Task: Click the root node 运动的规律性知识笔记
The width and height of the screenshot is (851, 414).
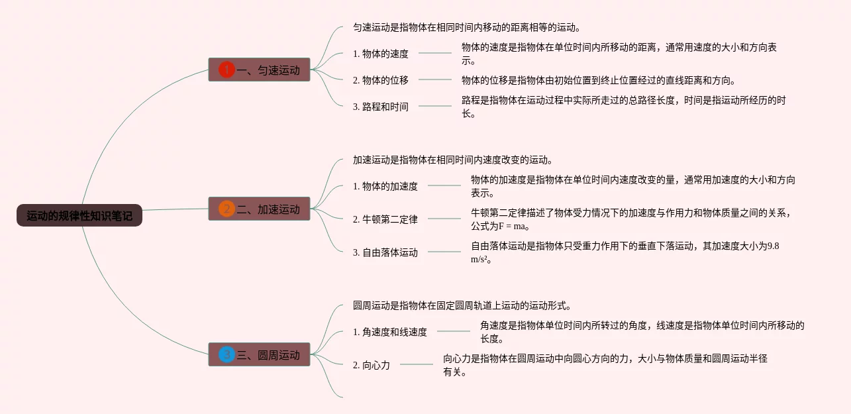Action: click(x=79, y=215)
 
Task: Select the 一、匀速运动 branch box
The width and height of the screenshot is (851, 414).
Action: click(x=259, y=70)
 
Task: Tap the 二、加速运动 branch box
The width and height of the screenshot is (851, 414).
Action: click(x=259, y=209)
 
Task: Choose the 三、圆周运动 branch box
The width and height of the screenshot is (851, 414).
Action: click(x=259, y=355)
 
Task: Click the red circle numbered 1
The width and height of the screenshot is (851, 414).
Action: click(x=226, y=70)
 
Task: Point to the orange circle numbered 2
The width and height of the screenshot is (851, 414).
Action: click(x=226, y=209)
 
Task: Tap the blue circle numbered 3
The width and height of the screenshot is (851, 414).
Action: click(x=226, y=355)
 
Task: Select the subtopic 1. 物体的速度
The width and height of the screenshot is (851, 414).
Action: click(x=381, y=54)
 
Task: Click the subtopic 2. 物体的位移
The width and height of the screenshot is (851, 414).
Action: click(x=381, y=80)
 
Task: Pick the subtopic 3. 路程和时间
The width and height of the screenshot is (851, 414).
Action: click(x=381, y=107)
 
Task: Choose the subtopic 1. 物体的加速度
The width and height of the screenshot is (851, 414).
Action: click(x=385, y=186)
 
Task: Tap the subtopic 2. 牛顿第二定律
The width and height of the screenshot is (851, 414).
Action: click(x=385, y=219)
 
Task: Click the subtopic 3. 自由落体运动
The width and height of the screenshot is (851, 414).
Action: click(x=385, y=252)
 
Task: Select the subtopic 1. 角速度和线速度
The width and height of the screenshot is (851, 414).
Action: click(x=390, y=332)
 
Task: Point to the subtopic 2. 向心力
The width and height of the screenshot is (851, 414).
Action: click(x=372, y=365)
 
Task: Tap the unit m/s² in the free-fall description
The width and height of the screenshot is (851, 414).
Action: click(x=480, y=260)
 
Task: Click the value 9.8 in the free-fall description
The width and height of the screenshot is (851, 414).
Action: click(x=772, y=246)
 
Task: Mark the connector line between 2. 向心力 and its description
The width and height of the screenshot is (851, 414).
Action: click(x=417, y=364)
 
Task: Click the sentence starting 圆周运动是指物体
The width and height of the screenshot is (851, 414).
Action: click(x=462, y=306)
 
